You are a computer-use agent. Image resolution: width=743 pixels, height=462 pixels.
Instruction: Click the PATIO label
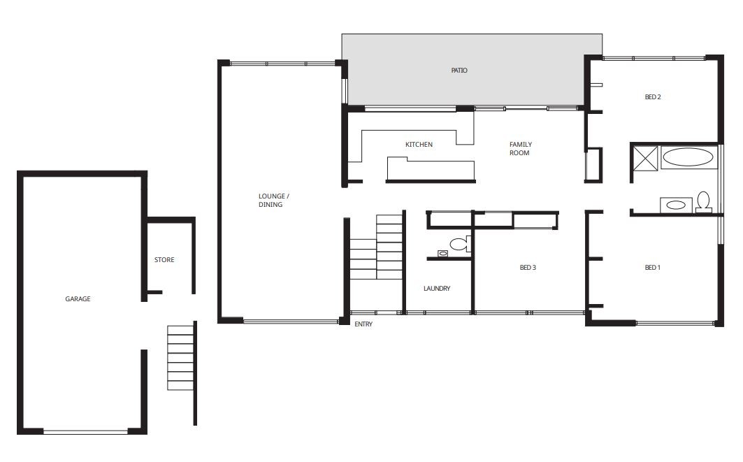459,71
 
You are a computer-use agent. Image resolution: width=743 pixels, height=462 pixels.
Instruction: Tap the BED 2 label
653,97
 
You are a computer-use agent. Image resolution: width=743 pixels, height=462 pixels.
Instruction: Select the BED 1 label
653,268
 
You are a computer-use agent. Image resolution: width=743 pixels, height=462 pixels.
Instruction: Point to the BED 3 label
528,268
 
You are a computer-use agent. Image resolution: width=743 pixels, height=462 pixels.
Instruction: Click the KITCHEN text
419,145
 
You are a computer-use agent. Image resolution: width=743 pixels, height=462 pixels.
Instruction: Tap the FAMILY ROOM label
520,149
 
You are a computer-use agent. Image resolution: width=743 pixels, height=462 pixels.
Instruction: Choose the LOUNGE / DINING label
273,201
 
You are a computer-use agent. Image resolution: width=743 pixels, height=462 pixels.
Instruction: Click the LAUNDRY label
437,289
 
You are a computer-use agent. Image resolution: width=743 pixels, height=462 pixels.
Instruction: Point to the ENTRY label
363,324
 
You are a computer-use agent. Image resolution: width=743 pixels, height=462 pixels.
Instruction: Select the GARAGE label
78,299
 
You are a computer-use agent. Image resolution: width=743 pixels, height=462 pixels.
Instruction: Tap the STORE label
164,260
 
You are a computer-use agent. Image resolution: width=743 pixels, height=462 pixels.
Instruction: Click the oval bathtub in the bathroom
688,157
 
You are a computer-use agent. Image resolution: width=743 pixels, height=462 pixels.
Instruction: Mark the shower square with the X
645,158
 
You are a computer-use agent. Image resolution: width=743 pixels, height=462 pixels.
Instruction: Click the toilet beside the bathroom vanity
704,202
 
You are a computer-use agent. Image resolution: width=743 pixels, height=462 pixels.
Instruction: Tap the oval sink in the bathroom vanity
676,205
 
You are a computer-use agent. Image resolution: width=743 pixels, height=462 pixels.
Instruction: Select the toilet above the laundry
461,244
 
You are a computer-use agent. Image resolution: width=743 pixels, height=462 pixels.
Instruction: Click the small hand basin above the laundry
443,254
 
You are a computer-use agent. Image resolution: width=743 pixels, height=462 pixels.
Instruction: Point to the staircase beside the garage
180,357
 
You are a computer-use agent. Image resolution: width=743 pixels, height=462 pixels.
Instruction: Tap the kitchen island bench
431,170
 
